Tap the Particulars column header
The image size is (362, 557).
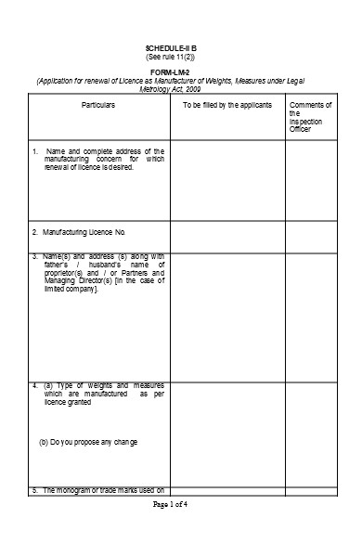tap(97, 105)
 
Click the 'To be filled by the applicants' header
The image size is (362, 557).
tap(226, 105)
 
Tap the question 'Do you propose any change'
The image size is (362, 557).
tap(88, 441)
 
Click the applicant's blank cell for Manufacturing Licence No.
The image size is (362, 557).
tap(226, 231)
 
